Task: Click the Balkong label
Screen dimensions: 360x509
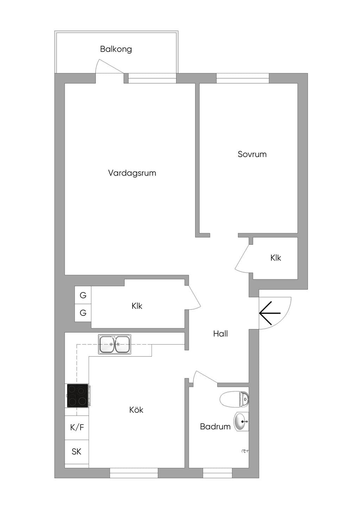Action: click(116, 49)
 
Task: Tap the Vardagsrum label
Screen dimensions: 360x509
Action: click(132, 173)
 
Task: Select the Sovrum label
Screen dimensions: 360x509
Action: click(252, 154)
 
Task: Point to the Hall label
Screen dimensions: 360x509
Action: click(220, 334)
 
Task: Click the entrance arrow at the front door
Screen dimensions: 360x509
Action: click(270, 313)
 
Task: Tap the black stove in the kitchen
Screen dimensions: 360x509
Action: click(78, 396)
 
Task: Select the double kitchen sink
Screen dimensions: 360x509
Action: click(114, 344)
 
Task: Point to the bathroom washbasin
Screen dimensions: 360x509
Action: click(241, 422)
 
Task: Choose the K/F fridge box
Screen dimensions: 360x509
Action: click(77, 428)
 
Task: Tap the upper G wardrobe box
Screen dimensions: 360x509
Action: click(83, 295)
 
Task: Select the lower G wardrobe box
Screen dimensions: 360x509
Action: click(83, 313)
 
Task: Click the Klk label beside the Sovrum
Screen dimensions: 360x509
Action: click(276, 258)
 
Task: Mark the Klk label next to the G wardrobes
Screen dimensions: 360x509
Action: click(137, 306)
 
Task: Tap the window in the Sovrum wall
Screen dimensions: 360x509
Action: click(243, 78)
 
